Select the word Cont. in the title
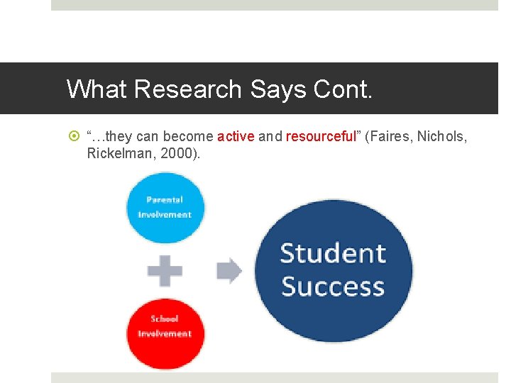345,89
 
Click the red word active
236,136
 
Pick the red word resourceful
321,136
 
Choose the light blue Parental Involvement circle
165,208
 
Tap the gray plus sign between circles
165,270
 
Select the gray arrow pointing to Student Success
229,270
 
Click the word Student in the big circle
333,253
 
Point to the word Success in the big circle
333,287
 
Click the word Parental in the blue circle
165,200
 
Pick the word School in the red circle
165,319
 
